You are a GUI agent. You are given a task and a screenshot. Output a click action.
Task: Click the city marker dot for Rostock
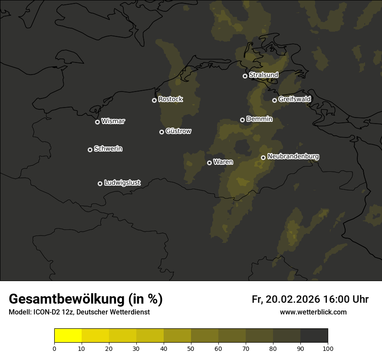pyautogui.click(x=154, y=100)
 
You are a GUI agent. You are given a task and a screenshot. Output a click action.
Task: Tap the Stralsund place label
pyautogui.click(x=263, y=75)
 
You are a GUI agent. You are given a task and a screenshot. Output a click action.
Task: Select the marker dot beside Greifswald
pyautogui.click(x=274, y=100)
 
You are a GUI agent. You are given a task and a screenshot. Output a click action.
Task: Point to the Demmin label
pyautogui.click(x=259, y=119)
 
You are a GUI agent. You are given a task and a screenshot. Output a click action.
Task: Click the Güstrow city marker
pyautogui.click(x=161, y=132)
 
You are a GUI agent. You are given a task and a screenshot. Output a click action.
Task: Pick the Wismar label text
pyautogui.click(x=113, y=121)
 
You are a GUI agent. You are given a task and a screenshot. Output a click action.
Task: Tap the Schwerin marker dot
pyautogui.click(x=90, y=150)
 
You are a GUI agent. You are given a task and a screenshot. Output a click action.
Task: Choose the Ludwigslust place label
pyautogui.click(x=122, y=183)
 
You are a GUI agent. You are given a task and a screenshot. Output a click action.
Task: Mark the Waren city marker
pyautogui.click(x=209, y=163)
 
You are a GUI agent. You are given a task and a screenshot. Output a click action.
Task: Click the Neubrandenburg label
pyautogui.click(x=293, y=157)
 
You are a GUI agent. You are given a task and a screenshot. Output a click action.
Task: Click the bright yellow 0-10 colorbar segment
pyautogui.click(x=68, y=336)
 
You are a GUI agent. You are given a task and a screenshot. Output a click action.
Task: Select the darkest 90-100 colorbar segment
pyautogui.click(x=314, y=336)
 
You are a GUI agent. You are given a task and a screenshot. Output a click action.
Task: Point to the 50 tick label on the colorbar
pyautogui.click(x=191, y=348)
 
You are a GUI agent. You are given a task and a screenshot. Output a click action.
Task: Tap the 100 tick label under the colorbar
pyautogui.click(x=328, y=348)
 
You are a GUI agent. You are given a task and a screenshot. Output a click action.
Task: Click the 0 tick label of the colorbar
pyautogui.click(x=54, y=348)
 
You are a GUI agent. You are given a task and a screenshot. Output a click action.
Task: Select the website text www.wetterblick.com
pyautogui.click(x=313, y=312)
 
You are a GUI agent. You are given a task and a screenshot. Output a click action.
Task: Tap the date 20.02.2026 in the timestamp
pyautogui.click(x=293, y=299)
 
